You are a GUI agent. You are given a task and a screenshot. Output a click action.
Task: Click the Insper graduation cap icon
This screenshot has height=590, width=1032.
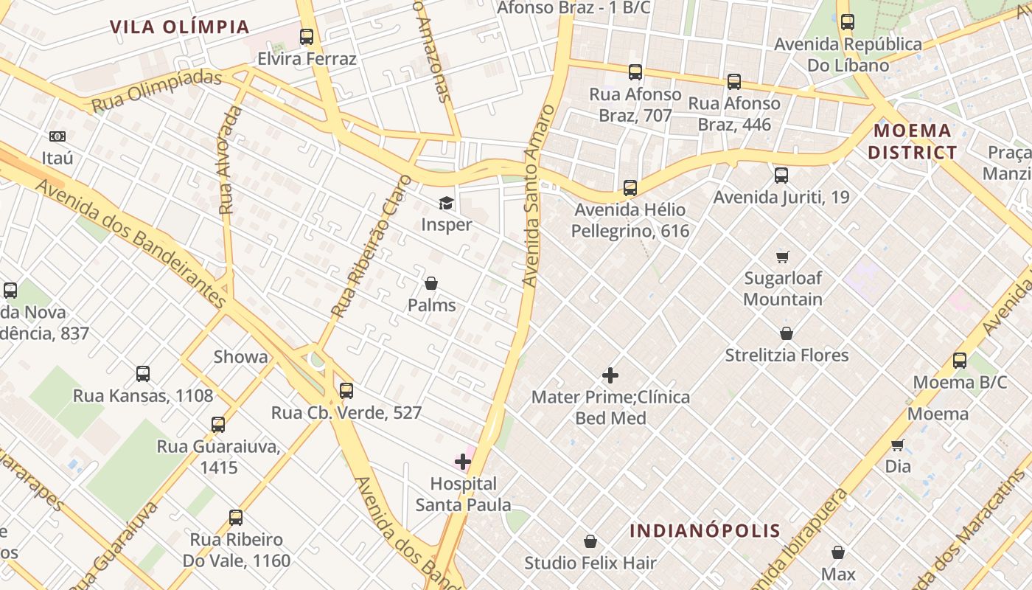tap(446, 203)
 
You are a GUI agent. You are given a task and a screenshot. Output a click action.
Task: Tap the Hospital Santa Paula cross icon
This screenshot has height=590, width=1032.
tap(463, 462)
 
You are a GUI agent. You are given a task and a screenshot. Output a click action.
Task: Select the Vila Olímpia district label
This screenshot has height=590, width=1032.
tap(180, 27)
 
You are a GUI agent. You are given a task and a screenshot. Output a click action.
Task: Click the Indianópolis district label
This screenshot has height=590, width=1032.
tap(705, 531)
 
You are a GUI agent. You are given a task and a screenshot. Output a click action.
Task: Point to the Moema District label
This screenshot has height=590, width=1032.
tap(912, 142)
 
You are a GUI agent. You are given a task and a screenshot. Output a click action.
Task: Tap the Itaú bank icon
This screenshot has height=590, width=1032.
tap(57, 136)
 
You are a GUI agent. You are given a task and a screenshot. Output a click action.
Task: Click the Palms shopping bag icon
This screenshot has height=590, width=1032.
tap(431, 283)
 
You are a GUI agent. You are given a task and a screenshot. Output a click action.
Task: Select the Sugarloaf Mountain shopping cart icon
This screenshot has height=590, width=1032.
tap(782, 257)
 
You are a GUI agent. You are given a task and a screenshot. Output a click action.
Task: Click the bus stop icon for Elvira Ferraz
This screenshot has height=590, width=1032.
tap(307, 37)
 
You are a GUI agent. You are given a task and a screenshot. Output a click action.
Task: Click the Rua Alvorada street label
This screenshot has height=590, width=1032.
tap(231, 161)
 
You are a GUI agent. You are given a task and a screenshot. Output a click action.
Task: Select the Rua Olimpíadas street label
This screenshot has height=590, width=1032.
tap(156, 91)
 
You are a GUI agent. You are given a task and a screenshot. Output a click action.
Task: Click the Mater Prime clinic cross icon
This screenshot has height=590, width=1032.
tap(610, 375)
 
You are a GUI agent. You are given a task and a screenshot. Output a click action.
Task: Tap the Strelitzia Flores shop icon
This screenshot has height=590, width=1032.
tap(787, 333)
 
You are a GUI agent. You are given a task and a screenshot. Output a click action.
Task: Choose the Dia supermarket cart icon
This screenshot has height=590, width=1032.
tap(897, 445)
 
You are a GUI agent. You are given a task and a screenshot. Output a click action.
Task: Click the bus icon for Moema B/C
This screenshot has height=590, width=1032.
tap(959, 361)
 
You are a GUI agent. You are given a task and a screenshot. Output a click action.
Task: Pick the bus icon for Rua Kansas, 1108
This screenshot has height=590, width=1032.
tap(143, 374)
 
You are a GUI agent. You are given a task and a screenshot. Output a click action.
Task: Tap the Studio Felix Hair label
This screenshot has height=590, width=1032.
tap(590, 563)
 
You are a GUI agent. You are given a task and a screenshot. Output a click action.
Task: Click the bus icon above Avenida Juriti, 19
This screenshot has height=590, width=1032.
tap(781, 176)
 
